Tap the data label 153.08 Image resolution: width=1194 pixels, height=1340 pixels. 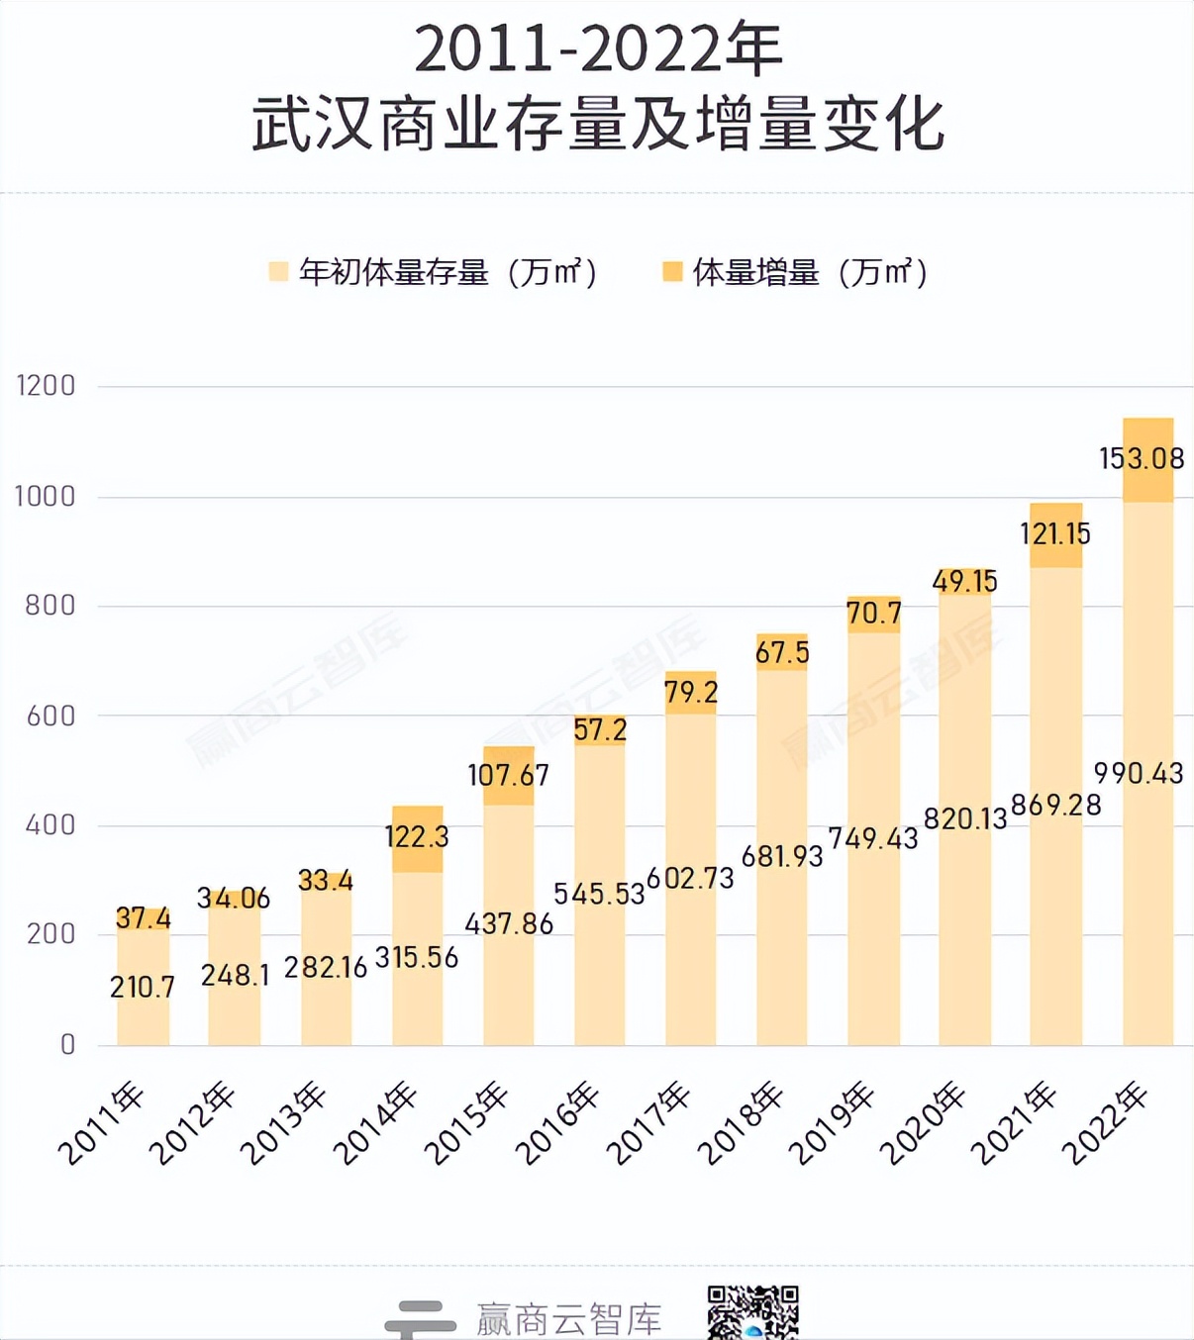pyautogui.click(x=1142, y=458)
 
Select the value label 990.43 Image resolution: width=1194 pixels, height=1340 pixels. pyautogui.click(x=1139, y=773)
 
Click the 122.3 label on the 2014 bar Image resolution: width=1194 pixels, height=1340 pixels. pyautogui.click(x=417, y=837)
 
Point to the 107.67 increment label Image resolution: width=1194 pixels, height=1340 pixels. pyautogui.click(x=508, y=775)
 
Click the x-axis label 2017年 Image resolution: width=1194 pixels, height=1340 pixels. pyautogui.click(x=648, y=1124)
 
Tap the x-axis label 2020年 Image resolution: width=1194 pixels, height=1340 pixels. pyautogui.click(x=922, y=1124)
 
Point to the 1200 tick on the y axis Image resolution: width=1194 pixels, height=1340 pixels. pyautogui.click(x=46, y=386)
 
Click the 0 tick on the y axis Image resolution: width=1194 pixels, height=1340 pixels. pyautogui.click(x=67, y=1045)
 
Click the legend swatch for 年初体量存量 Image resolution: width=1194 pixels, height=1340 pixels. pyautogui.click(x=278, y=272)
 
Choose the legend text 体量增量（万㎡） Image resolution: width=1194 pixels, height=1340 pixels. pyautogui.click(x=810, y=272)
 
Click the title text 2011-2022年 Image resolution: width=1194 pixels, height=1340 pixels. pyautogui.click(x=597, y=49)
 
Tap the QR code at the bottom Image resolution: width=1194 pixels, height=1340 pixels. pyautogui.click(x=752, y=1312)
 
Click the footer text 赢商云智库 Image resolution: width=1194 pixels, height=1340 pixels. pyautogui.click(x=568, y=1319)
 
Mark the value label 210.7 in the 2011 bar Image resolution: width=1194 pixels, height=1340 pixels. pyautogui.click(x=143, y=987)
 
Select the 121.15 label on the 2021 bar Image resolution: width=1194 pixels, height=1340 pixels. pyautogui.click(x=1055, y=534)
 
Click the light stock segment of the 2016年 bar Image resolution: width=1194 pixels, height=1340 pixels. pyautogui.click(x=600, y=970)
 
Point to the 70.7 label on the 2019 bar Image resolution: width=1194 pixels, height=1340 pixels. pyautogui.click(x=873, y=614)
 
